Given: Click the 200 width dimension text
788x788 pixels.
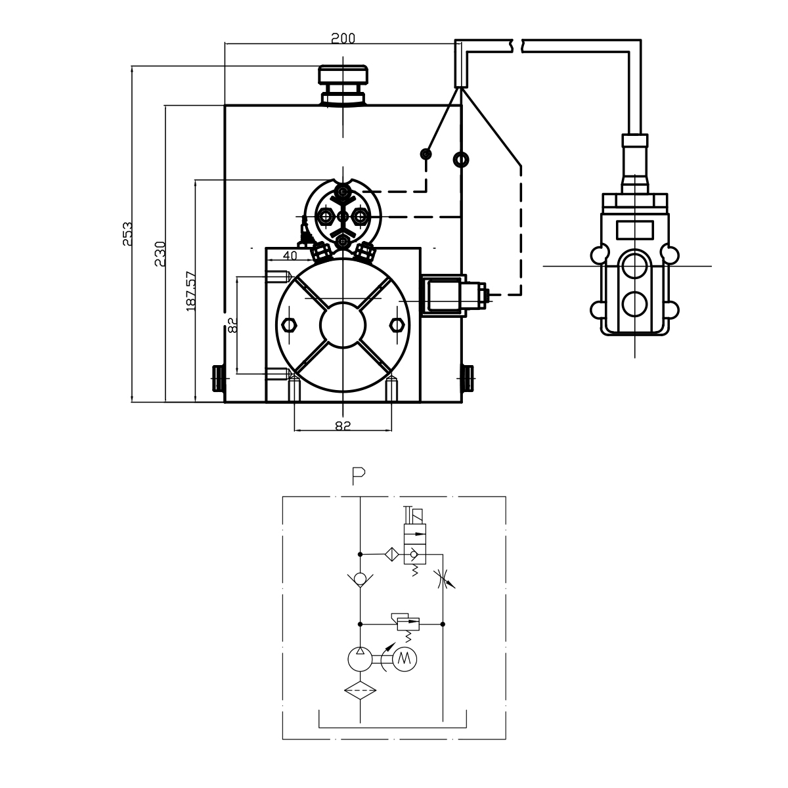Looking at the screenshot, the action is pyautogui.click(x=343, y=38).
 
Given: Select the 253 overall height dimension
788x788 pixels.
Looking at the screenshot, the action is pyautogui.click(x=127, y=234).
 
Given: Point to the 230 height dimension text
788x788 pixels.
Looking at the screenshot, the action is pyautogui.click(x=160, y=253).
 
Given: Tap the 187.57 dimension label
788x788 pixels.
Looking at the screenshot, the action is pyautogui.click(x=191, y=291).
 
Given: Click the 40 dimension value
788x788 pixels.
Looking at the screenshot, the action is pyautogui.click(x=290, y=255).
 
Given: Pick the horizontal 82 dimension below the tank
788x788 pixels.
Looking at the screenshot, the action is pyautogui.click(x=343, y=426).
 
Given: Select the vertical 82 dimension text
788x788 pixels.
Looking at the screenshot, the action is pyautogui.click(x=232, y=325).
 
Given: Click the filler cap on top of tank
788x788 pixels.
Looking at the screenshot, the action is pyautogui.click(x=343, y=85).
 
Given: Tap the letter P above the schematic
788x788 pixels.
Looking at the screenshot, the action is pyautogui.click(x=359, y=476).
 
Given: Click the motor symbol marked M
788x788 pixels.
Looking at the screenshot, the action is pyautogui.click(x=405, y=659).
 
